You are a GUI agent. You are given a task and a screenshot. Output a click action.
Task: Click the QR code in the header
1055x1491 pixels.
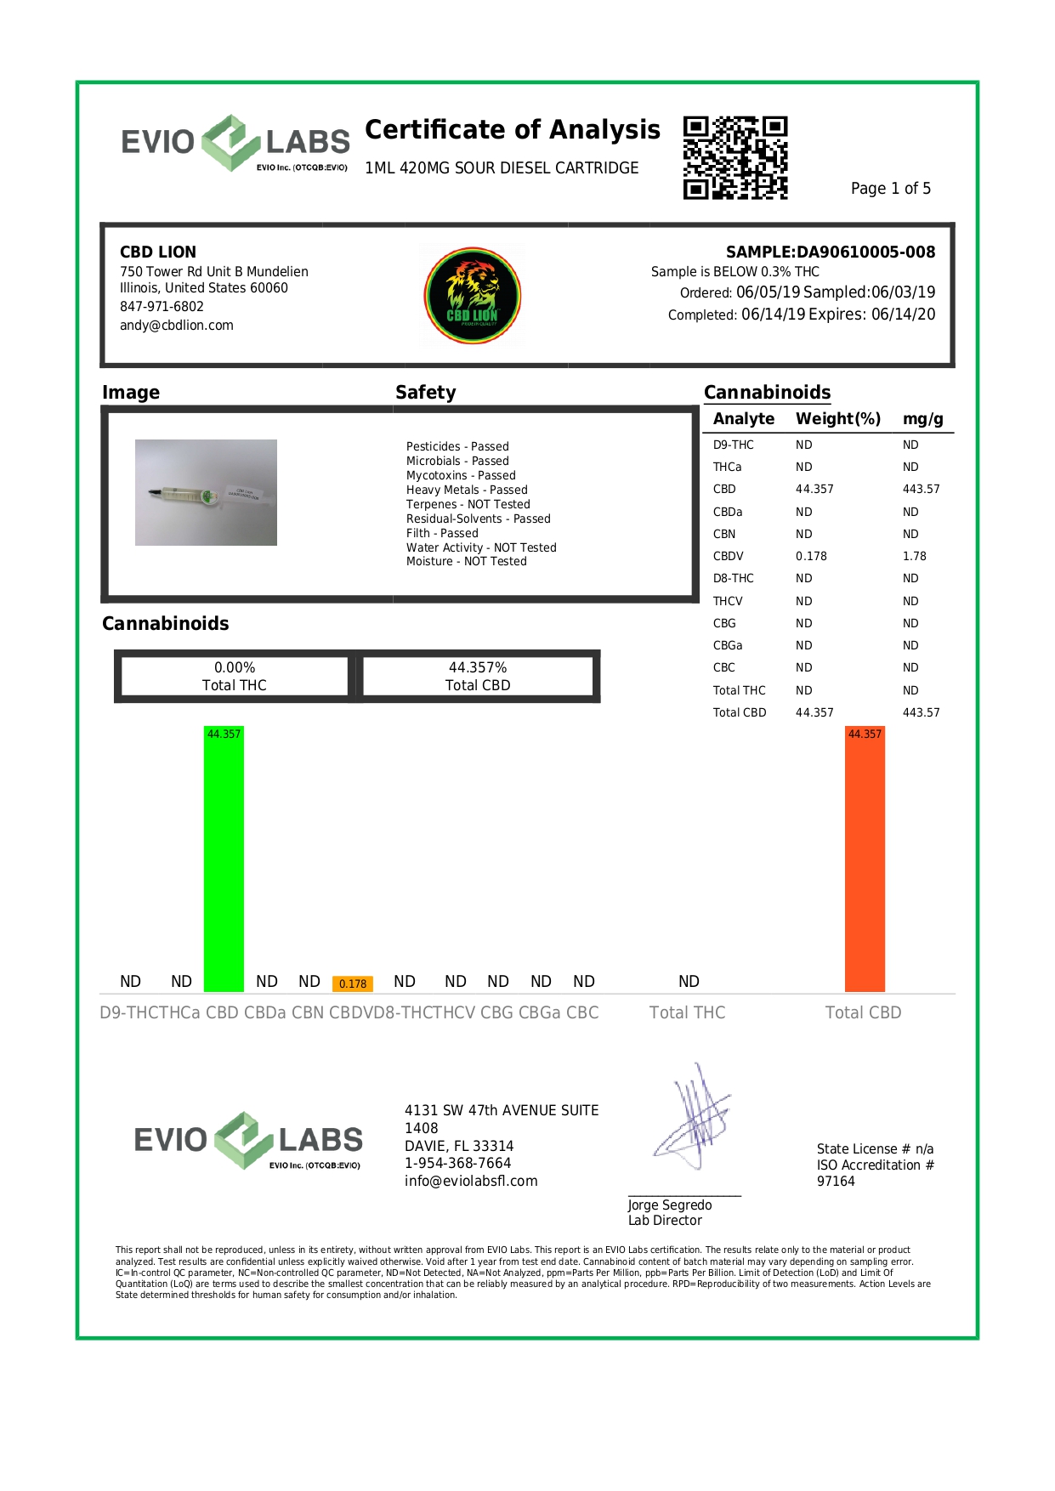click(x=735, y=158)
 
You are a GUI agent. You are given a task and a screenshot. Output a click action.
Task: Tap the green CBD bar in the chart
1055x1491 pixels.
click(x=224, y=859)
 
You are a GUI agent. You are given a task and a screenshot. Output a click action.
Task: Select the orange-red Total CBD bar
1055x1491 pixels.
click(x=865, y=859)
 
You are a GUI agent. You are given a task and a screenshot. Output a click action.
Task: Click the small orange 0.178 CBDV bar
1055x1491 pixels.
click(x=353, y=984)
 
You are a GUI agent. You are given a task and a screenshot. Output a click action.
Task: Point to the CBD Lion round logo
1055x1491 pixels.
click(x=473, y=294)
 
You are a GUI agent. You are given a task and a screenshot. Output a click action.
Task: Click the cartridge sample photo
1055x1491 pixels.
click(x=206, y=492)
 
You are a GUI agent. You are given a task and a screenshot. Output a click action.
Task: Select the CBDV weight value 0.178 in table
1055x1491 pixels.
click(x=811, y=556)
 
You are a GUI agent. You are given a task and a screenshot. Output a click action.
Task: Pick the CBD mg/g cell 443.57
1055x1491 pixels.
click(x=921, y=489)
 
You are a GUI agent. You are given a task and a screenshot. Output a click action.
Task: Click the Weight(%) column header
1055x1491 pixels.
click(x=837, y=418)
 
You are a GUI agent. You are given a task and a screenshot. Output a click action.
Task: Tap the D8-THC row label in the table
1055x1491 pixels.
click(x=733, y=578)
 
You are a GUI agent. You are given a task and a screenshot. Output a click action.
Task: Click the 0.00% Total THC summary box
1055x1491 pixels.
click(x=234, y=677)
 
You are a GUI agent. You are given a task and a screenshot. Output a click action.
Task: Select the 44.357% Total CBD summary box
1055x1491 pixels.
click(x=478, y=677)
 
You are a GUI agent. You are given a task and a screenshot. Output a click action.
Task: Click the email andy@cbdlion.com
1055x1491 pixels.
click(x=177, y=325)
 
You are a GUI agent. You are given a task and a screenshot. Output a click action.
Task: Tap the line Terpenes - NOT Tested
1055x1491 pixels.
click(x=468, y=504)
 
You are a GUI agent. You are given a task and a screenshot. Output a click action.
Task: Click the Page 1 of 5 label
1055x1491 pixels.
click(x=890, y=188)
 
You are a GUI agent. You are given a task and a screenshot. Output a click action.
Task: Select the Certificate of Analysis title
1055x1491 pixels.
click(x=512, y=129)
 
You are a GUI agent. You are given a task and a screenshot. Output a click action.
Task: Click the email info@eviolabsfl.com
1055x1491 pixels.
click(x=471, y=1181)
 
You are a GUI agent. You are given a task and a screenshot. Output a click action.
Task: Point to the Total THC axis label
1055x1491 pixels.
click(x=687, y=1012)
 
